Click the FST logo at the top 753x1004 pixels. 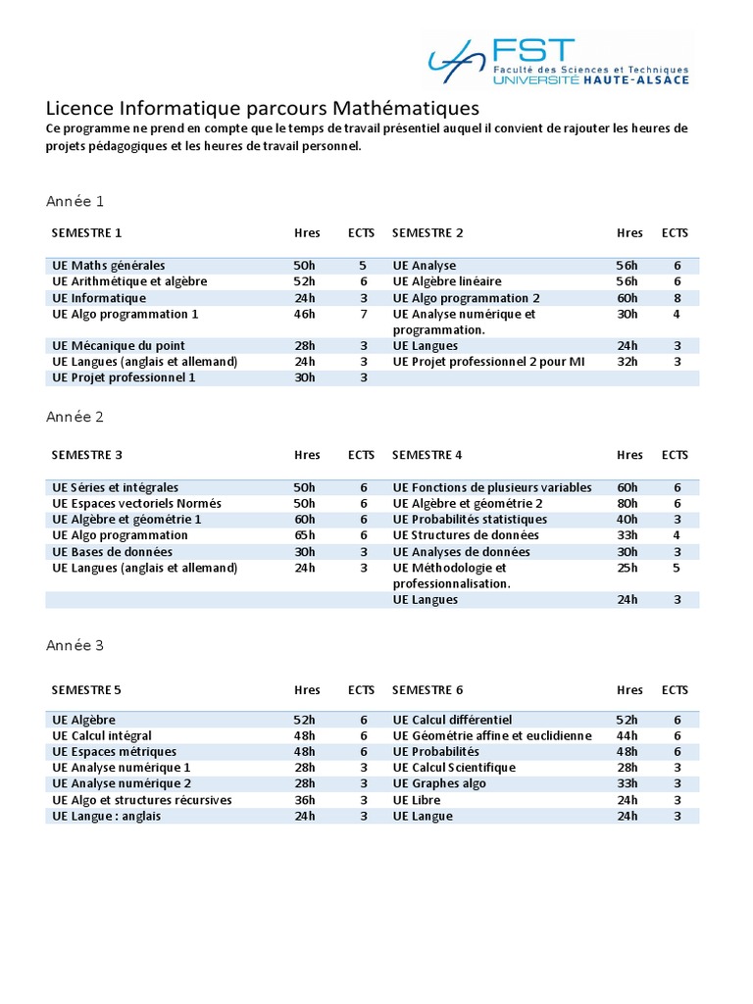click(558, 60)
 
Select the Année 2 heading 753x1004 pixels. click(75, 417)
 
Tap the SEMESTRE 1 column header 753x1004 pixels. click(87, 233)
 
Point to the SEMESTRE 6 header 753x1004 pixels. click(427, 690)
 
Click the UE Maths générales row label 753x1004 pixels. click(109, 266)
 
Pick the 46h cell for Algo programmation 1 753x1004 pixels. click(305, 314)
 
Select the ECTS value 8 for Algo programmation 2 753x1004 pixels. click(677, 298)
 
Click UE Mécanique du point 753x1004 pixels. click(119, 346)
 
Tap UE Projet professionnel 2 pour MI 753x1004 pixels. click(488, 362)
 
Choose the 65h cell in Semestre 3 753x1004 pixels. click(305, 535)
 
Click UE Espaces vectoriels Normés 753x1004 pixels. click(137, 504)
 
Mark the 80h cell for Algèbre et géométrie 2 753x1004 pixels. click(627, 504)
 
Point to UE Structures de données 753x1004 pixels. click(466, 535)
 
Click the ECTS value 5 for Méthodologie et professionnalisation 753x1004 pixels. click(677, 568)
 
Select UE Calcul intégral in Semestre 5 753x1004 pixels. click(102, 736)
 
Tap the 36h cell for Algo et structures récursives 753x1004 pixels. click(305, 800)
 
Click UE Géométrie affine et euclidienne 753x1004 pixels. click(492, 736)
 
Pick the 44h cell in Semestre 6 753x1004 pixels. click(627, 736)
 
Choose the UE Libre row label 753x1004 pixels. click(417, 800)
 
